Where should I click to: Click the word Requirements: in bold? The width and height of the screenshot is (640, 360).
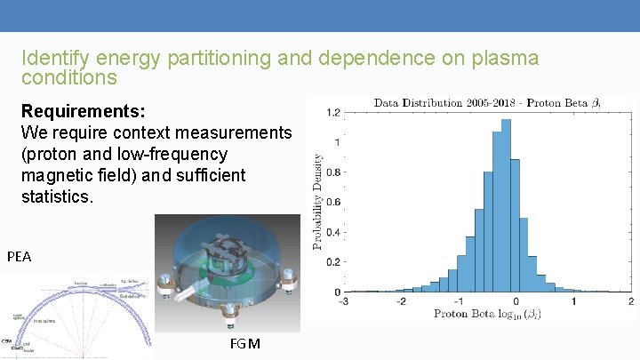pyautogui.click(x=84, y=113)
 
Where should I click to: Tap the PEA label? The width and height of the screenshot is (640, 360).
pyautogui.click(x=19, y=257)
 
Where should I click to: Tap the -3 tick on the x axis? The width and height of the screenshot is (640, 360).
pyautogui.click(x=343, y=302)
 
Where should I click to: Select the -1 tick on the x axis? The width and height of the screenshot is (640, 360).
pyautogui.click(x=458, y=302)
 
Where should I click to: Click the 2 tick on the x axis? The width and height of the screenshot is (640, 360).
pyautogui.click(x=630, y=302)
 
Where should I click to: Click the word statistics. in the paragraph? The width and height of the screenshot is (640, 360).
pyautogui.click(x=57, y=196)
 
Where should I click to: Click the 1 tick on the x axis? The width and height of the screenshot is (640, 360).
pyautogui.click(x=573, y=302)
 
